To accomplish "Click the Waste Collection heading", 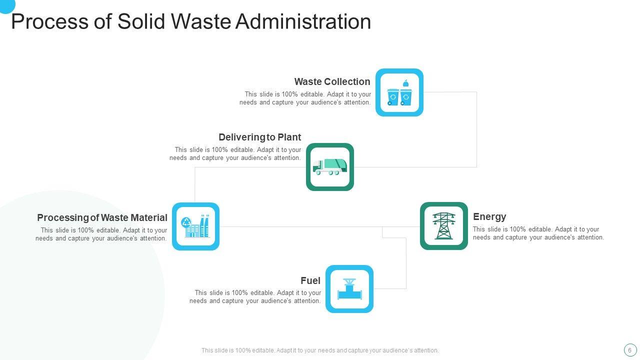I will coord(332,81).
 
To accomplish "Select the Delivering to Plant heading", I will coord(259,137).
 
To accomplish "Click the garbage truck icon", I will coord(330,167).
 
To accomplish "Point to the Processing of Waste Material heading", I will coord(102,217).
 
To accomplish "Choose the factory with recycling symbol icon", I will coord(195,226).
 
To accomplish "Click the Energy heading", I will coord(489,216).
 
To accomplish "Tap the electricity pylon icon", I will coord(444,226).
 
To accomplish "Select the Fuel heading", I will coord(310,280).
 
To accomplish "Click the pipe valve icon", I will coord(349,289).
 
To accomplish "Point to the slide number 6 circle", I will coord(629,350).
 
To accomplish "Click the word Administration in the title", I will coord(303,22).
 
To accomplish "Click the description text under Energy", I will coord(538,233).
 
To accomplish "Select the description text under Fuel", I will coord(255,297).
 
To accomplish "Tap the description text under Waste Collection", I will coord(305,98).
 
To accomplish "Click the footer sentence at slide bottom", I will coord(320,350).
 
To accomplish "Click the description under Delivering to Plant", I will coord(235,153).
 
